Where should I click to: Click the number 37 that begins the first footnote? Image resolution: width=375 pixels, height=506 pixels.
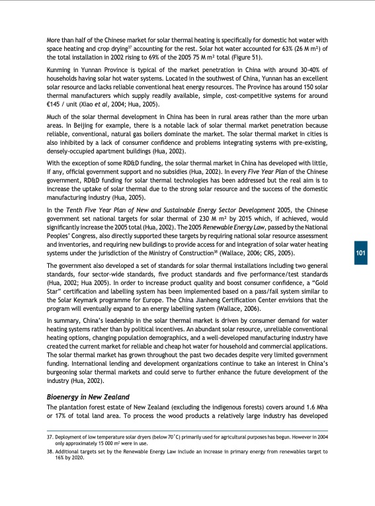(49, 439)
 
